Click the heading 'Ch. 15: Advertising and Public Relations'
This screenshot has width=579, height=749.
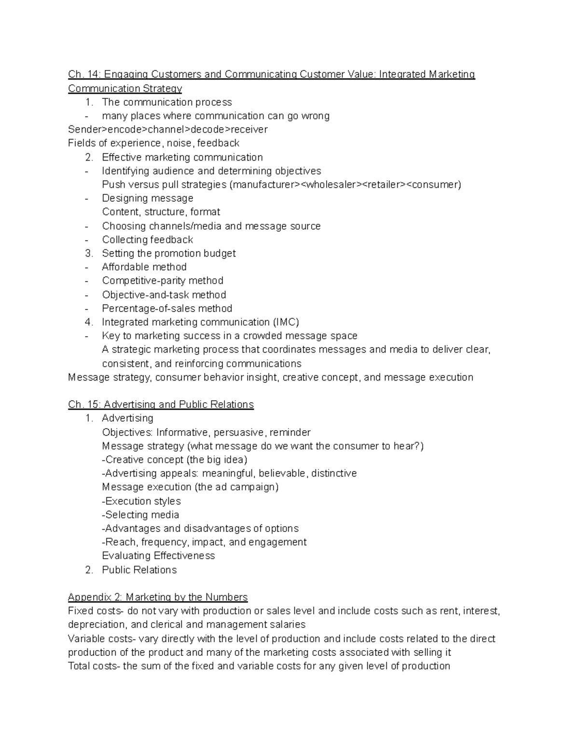click(161, 405)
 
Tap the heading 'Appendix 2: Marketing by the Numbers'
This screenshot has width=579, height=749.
click(157, 597)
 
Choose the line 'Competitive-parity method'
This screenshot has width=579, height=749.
click(163, 281)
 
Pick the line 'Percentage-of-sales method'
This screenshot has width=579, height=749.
click(167, 308)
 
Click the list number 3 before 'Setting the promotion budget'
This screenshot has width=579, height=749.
click(88, 253)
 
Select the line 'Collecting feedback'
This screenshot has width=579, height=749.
click(147, 240)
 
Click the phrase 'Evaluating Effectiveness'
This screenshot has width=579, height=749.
click(158, 556)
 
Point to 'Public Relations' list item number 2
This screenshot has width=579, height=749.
click(139, 570)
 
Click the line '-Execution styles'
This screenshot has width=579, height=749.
click(141, 501)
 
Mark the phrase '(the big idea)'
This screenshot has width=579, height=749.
click(217, 460)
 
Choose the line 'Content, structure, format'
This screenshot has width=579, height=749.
click(161, 212)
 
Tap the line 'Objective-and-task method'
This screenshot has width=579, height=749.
click(164, 295)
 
